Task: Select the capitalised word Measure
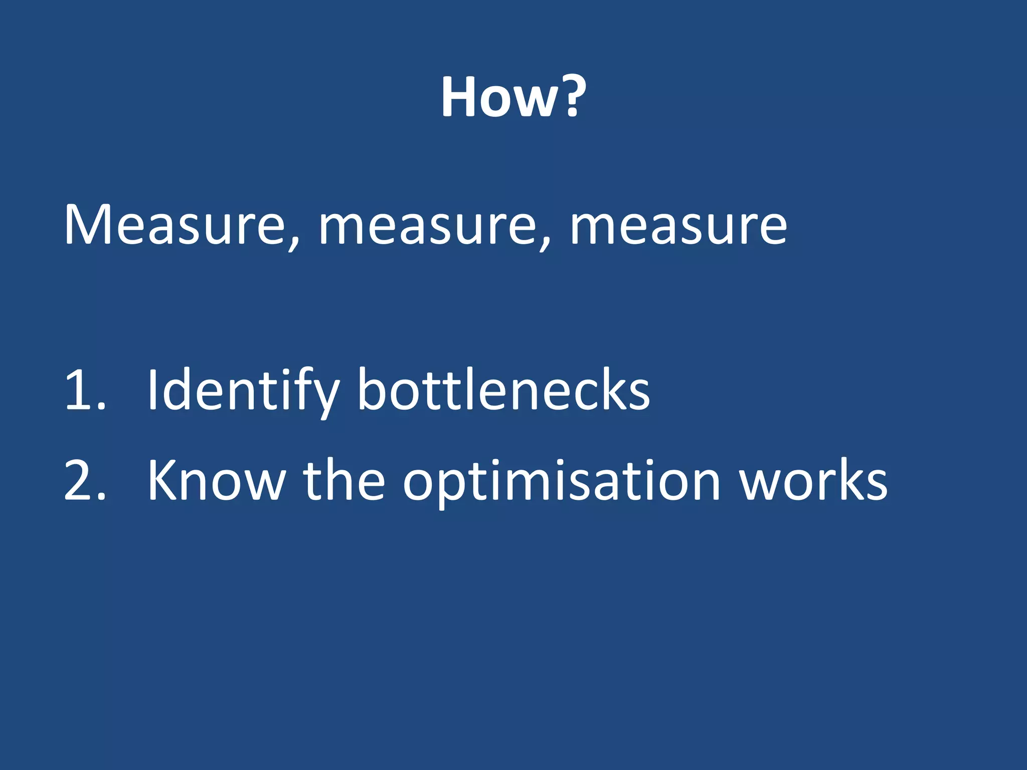173,226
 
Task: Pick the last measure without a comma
678,228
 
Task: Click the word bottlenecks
503,390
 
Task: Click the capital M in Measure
87,226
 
